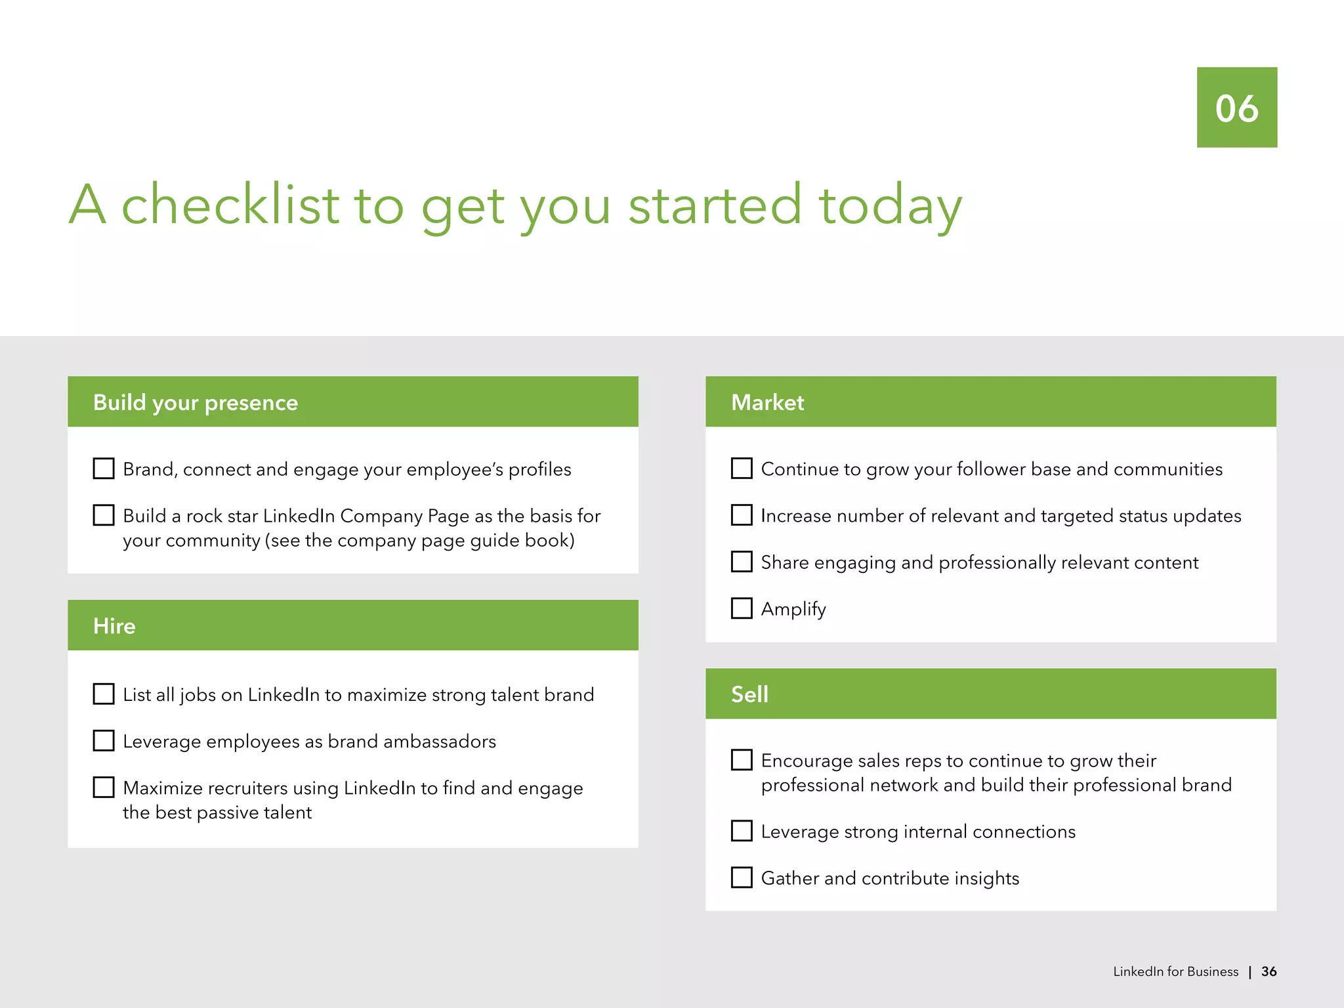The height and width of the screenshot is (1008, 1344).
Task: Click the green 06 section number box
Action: pyautogui.click(x=1236, y=107)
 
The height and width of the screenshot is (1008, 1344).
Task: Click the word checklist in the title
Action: pyautogui.click(x=230, y=205)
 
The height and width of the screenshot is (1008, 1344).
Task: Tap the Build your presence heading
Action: pyautogui.click(x=196, y=402)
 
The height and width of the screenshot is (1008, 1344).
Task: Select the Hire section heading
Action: pyautogui.click(x=114, y=626)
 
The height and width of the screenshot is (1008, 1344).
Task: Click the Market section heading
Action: pyautogui.click(x=767, y=402)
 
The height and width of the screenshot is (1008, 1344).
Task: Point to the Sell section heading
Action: pyautogui.click(x=749, y=694)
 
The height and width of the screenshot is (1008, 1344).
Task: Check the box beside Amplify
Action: pyautogui.click(x=742, y=608)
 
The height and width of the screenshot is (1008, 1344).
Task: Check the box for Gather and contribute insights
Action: pyautogui.click(x=742, y=877)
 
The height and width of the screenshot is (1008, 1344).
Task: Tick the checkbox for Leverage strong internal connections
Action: pyautogui.click(x=742, y=831)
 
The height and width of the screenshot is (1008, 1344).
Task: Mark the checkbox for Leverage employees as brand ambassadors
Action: pyautogui.click(x=104, y=741)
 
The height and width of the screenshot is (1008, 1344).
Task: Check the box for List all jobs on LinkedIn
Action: pyautogui.click(x=104, y=694)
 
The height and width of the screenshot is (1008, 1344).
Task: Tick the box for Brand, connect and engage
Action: pyautogui.click(x=104, y=469)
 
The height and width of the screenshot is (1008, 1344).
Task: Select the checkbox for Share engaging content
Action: pyautogui.click(x=742, y=562)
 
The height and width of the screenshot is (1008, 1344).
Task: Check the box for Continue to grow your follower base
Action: pyautogui.click(x=742, y=469)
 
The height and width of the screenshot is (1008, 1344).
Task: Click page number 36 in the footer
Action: pyautogui.click(x=1269, y=972)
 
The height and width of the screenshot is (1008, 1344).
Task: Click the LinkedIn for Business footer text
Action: pyautogui.click(x=1175, y=972)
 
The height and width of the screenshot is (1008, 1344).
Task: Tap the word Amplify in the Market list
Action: pyautogui.click(x=793, y=609)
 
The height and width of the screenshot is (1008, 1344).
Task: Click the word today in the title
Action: pyautogui.click(x=890, y=205)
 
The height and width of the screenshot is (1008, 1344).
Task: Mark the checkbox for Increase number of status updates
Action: pyautogui.click(x=742, y=515)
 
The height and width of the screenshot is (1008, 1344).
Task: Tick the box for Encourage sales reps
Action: pyautogui.click(x=742, y=760)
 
